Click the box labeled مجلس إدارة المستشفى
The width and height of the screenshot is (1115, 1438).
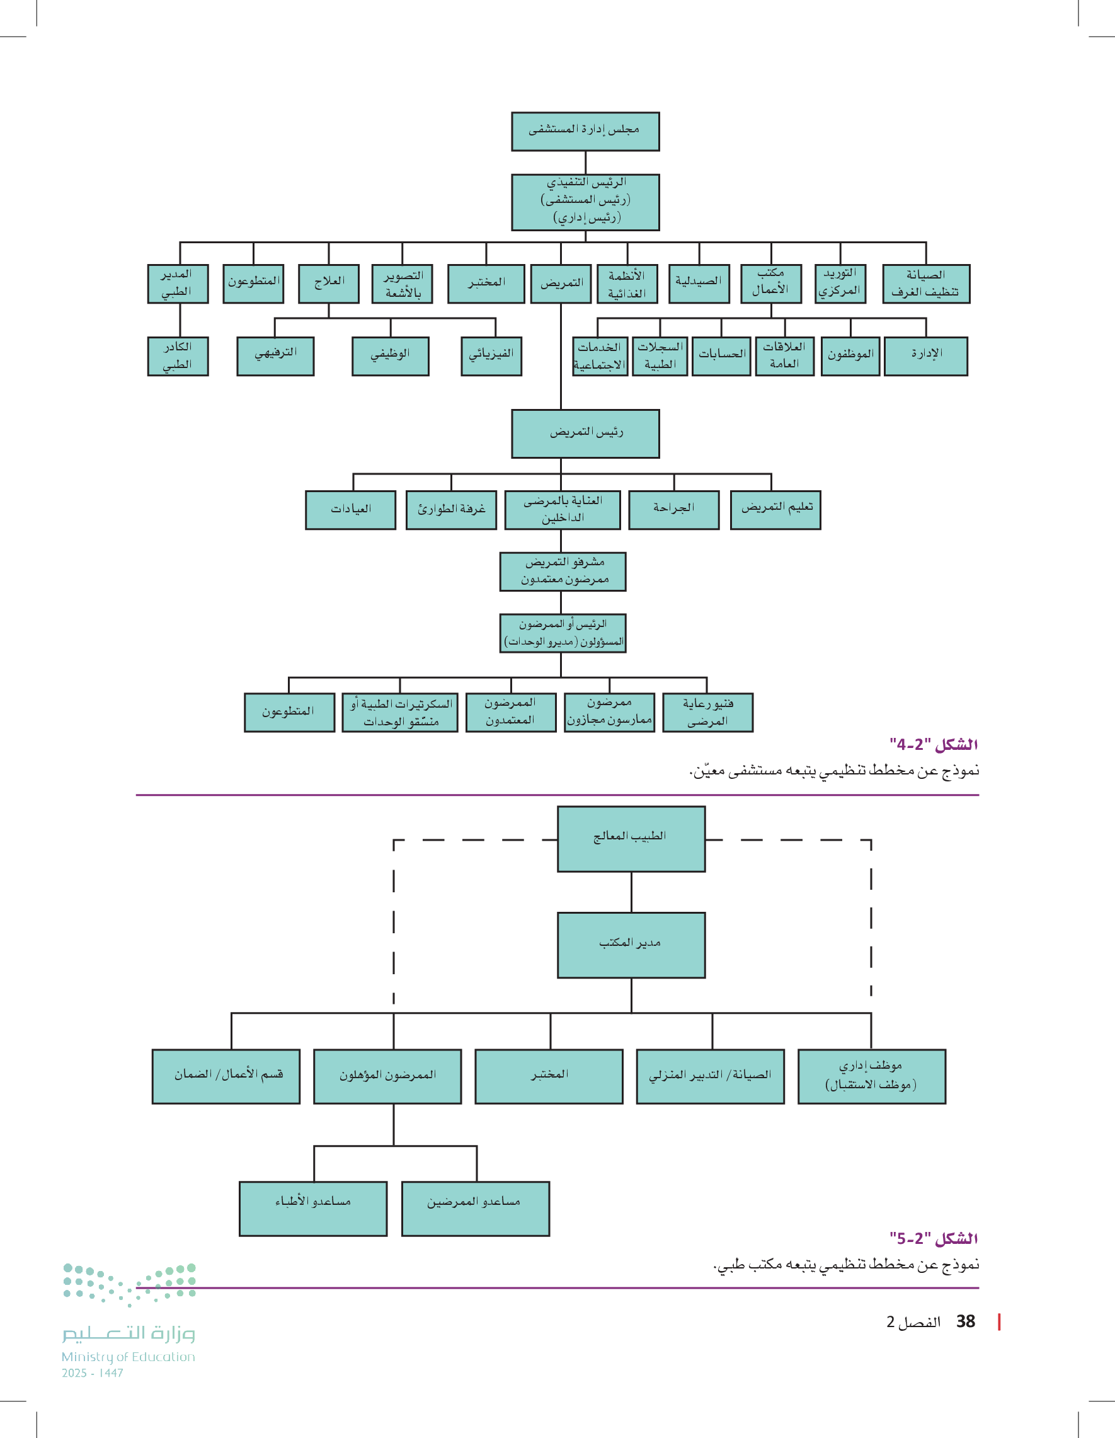(585, 131)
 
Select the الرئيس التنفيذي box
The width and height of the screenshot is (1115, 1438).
(585, 202)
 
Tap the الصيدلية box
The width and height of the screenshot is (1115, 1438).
(699, 284)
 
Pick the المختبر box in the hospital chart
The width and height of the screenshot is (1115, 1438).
(486, 284)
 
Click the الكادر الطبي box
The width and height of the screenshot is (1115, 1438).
(178, 356)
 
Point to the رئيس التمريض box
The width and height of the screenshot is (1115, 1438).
(585, 434)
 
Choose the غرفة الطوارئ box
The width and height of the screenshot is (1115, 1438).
(451, 510)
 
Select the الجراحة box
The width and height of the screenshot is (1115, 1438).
(673, 510)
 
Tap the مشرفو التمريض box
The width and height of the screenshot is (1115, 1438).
(563, 572)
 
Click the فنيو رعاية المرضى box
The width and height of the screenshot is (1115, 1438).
(707, 713)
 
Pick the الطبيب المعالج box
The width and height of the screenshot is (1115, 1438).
(631, 839)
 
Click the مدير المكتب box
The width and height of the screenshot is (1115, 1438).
(631, 945)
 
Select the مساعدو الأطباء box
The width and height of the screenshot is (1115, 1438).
(312, 1208)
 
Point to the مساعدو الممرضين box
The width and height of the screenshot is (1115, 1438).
(475, 1208)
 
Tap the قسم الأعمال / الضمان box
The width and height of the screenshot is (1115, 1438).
(226, 1076)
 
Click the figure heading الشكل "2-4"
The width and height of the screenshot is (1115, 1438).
(934, 745)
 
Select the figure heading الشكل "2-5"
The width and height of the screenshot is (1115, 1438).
(934, 1238)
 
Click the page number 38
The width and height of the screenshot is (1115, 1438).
(966, 1321)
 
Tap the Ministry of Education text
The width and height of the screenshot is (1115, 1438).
(129, 1357)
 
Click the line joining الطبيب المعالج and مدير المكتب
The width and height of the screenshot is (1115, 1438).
(631, 892)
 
